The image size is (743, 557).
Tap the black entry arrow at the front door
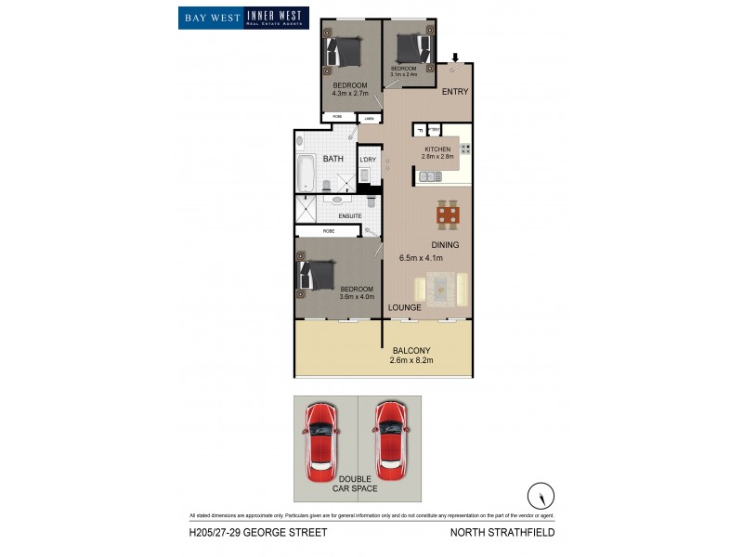(455, 58)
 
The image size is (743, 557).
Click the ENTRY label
(455, 91)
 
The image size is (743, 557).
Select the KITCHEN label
(437, 149)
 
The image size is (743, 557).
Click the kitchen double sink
(430, 175)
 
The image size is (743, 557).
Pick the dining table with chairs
(449, 216)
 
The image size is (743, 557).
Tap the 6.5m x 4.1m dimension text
(421, 258)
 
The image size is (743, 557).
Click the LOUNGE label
(405, 306)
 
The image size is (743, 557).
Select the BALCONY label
(411, 350)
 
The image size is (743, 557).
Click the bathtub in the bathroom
(306, 172)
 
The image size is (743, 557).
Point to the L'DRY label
(368, 160)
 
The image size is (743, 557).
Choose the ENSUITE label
(349, 216)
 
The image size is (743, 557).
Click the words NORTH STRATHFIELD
(502, 533)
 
